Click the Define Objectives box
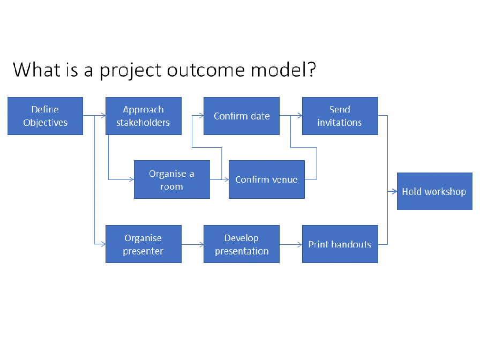(x=46, y=116)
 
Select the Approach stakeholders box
(x=144, y=116)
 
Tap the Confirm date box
(x=242, y=116)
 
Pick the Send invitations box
(x=340, y=116)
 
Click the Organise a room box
(x=172, y=179)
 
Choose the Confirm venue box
(x=267, y=179)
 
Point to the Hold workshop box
(x=434, y=191)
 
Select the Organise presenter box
(x=144, y=244)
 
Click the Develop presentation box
(x=242, y=244)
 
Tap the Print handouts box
(x=340, y=244)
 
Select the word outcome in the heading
(x=206, y=70)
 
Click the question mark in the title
(x=312, y=70)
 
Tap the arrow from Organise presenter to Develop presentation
(x=192, y=245)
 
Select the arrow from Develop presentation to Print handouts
(x=291, y=245)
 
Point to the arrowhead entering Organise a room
(x=132, y=179)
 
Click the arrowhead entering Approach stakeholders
(x=103, y=115)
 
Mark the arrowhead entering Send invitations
(x=299, y=115)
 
